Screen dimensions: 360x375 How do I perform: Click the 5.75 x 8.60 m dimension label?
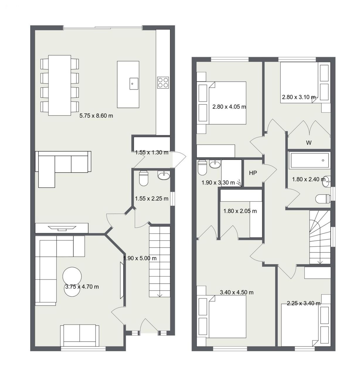pyautogui.click(x=96, y=116)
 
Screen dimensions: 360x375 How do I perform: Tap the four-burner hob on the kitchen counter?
pyautogui.click(x=163, y=83)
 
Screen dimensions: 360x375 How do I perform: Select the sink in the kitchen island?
pyautogui.click(x=134, y=83)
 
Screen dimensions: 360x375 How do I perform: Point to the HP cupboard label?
pyautogui.click(x=253, y=173)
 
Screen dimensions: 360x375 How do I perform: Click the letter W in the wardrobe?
pyautogui.click(x=309, y=143)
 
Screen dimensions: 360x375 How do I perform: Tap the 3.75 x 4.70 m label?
pyautogui.click(x=82, y=287)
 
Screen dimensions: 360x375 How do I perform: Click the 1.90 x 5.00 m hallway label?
pyautogui.click(x=140, y=258)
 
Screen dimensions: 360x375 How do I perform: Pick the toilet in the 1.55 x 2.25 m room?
pyautogui.click(x=143, y=178)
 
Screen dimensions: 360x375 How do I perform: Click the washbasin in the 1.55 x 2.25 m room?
pyautogui.click(x=164, y=175)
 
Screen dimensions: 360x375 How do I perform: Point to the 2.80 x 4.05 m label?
pyautogui.click(x=229, y=107)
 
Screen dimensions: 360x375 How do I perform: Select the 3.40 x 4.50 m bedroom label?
pyautogui.click(x=237, y=292)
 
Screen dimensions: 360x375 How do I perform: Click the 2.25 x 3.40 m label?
pyautogui.click(x=304, y=304)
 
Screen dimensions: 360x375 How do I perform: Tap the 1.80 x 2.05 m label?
pyautogui.click(x=240, y=211)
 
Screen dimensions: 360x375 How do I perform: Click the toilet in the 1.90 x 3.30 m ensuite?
pyautogui.click(x=202, y=168)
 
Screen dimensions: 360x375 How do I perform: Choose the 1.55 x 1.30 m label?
pyautogui.click(x=152, y=153)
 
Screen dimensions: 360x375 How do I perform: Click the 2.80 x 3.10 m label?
pyautogui.click(x=299, y=97)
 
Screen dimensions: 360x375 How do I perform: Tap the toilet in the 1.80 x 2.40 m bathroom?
pyautogui.click(x=323, y=199)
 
